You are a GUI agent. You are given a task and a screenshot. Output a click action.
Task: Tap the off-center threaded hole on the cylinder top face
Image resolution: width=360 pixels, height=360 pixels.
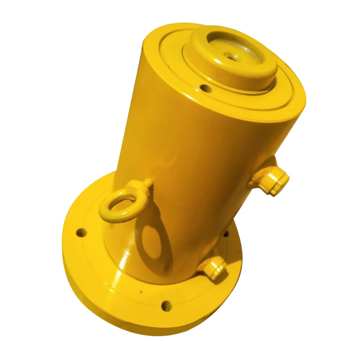pos(205,87)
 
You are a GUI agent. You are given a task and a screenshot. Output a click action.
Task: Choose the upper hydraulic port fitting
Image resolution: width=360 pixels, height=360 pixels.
pos(273,180)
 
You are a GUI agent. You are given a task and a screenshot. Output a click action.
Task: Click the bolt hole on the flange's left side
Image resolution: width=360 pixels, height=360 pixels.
pos(81,233)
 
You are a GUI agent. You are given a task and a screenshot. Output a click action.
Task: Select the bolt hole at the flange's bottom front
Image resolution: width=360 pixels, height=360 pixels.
pos(166,306)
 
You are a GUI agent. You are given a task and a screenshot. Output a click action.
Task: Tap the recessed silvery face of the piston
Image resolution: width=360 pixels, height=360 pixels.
pos(234,52)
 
